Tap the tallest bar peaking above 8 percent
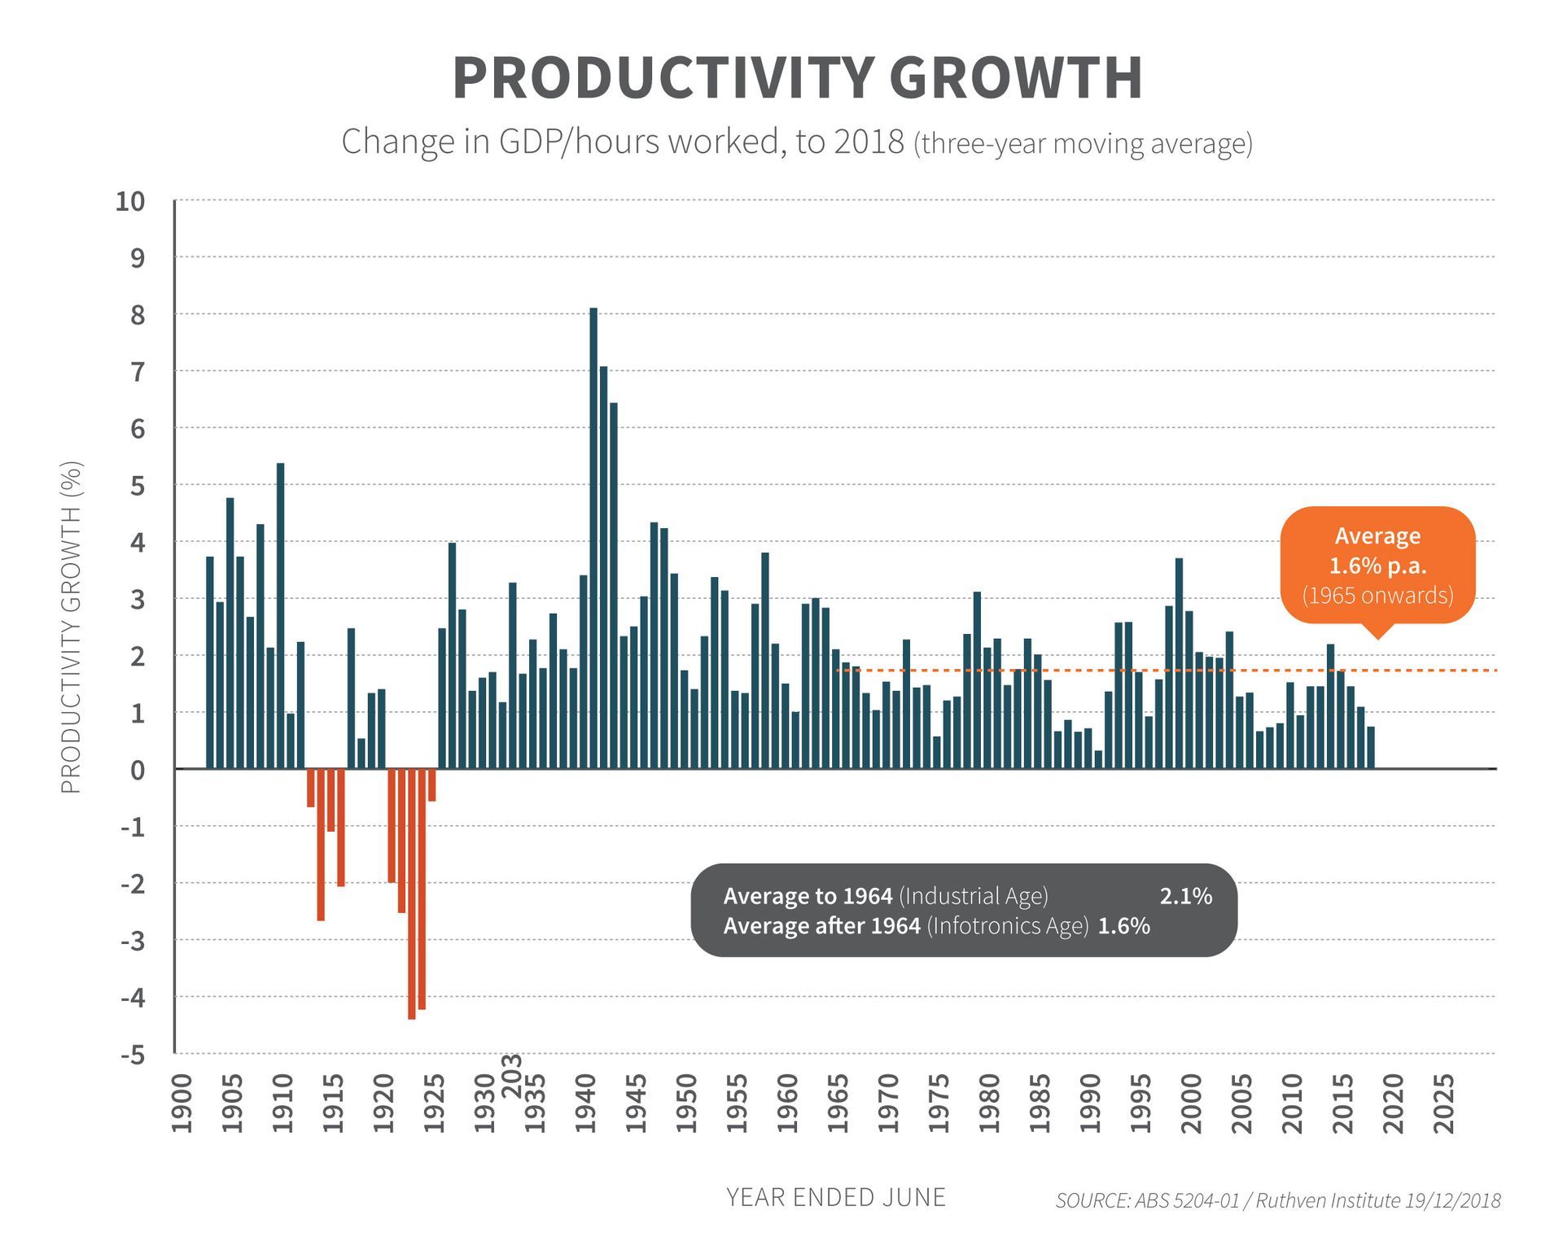click(x=593, y=537)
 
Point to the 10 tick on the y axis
click(x=130, y=201)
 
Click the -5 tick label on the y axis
click(x=133, y=1056)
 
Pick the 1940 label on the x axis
click(x=585, y=1104)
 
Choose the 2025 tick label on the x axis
click(x=1443, y=1104)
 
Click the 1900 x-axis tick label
click(x=182, y=1104)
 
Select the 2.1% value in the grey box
click(x=1185, y=896)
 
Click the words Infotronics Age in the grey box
click(x=1008, y=926)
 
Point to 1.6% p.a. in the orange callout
click(x=1377, y=566)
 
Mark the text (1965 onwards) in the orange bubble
click(x=1377, y=596)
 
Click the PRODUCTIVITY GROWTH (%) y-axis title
click(x=72, y=627)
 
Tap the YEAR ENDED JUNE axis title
click(x=835, y=1197)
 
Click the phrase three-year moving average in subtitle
click(x=1083, y=143)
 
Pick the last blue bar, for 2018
click(x=1371, y=747)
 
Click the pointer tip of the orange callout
click(x=1377, y=638)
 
